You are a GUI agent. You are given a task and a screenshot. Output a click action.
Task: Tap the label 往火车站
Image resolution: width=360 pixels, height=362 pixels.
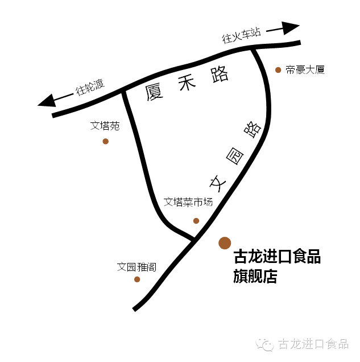click(x=241, y=36)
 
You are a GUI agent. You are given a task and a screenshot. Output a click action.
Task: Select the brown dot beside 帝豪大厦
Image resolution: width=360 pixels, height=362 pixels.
click(x=278, y=70)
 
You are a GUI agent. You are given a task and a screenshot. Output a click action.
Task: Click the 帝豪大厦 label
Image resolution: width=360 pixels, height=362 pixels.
click(x=305, y=70)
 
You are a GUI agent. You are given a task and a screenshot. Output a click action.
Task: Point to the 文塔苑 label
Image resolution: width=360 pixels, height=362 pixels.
click(x=105, y=126)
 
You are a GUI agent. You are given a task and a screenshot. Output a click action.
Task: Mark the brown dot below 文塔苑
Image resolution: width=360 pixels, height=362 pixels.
click(x=105, y=141)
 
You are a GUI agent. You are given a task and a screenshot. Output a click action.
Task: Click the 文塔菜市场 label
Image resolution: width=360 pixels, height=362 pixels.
click(x=188, y=201)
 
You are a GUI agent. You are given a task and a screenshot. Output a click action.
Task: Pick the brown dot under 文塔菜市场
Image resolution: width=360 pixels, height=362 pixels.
click(x=196, y=221)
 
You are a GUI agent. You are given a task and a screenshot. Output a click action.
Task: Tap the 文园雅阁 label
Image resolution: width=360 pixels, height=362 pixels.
click(x=136, y=266)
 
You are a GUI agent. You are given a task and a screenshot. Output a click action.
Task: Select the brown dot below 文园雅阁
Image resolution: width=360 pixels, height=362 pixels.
click(x=137, y=279)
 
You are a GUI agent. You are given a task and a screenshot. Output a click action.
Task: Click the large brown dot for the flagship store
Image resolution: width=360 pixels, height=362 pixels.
click(x=225, y=243)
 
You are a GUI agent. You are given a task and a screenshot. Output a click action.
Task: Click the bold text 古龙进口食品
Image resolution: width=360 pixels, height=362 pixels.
click(x=277, y=257)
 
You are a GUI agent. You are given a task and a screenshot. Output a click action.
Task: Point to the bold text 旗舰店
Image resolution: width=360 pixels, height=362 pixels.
click(x=255, y=277)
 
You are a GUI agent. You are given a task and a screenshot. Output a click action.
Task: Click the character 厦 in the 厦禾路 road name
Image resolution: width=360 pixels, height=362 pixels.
click(x=155, y=92)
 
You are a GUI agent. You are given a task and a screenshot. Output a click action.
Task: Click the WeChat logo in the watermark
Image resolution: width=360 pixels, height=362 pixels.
click(x=264, y=344)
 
